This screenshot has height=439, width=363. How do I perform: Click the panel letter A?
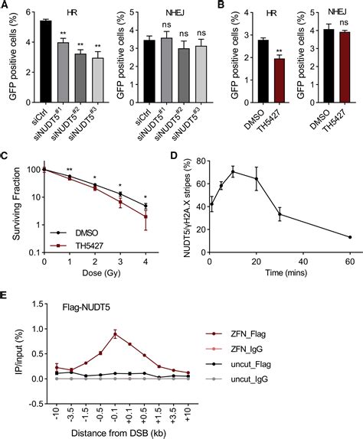6,7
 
